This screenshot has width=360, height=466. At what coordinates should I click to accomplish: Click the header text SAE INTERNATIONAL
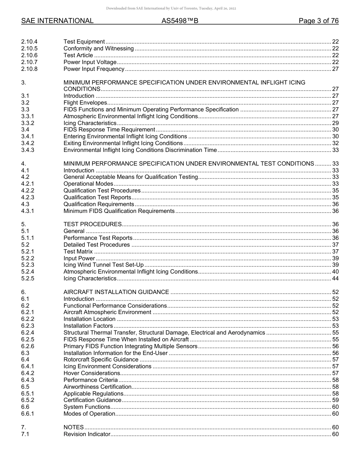57,21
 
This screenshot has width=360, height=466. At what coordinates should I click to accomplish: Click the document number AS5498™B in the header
180,21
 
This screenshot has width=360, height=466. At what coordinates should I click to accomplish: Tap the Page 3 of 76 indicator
318,21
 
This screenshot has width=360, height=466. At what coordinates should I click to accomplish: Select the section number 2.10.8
30,69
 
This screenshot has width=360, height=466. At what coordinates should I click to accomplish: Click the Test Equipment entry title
84,42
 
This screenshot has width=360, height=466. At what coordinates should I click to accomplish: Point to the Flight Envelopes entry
85,103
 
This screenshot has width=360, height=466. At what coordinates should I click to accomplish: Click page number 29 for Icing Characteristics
335,123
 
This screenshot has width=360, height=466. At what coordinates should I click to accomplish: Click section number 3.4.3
28,150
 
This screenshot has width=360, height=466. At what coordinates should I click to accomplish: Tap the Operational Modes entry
88,184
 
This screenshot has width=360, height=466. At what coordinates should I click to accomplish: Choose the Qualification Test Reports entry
97,197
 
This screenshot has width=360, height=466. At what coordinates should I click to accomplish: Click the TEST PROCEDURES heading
92,224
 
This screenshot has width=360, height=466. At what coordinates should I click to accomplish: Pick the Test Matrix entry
78,252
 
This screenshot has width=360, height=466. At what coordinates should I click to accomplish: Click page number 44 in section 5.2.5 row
335,278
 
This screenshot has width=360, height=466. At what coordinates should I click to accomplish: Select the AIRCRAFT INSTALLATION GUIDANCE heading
116,292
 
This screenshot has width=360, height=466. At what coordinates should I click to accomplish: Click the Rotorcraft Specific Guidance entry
101,360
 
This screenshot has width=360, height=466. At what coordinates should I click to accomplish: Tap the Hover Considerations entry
92,373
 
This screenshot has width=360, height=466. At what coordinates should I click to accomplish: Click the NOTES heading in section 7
74,427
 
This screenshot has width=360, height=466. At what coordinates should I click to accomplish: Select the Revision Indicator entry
87,434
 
